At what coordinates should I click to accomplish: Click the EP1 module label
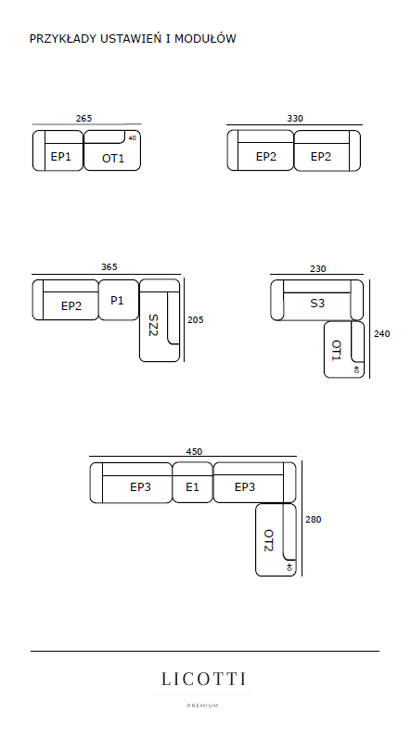coord(60,157)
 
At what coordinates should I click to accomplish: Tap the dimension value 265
coord(83,119)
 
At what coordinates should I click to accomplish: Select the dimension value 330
coord(295,119)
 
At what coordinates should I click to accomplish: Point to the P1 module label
coord(117,300)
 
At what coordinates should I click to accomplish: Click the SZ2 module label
coord(153,325)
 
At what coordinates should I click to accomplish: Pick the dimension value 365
coord(109,266)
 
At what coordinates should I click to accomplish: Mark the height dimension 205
coord(196,320)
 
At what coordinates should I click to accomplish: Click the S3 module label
coord(317,304)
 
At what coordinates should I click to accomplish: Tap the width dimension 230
coord(318,269)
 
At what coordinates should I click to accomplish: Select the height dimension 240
coord(382,333)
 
